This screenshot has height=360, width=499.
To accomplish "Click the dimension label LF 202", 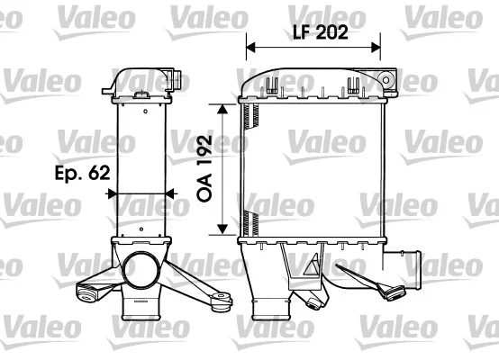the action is (x=321, y=32).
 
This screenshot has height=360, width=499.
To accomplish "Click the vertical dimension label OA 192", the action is (x=204, y=168).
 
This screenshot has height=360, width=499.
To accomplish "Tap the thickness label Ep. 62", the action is (x=83, y=173).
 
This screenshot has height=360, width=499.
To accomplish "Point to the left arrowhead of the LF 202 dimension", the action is (x=250, y=48).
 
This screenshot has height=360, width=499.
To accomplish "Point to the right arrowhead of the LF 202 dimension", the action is (x=376, y=48).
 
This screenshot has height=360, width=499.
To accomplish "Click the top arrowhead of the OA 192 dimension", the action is (x=222, y=109).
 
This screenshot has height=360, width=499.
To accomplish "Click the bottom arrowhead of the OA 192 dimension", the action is (x=222, y=229).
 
